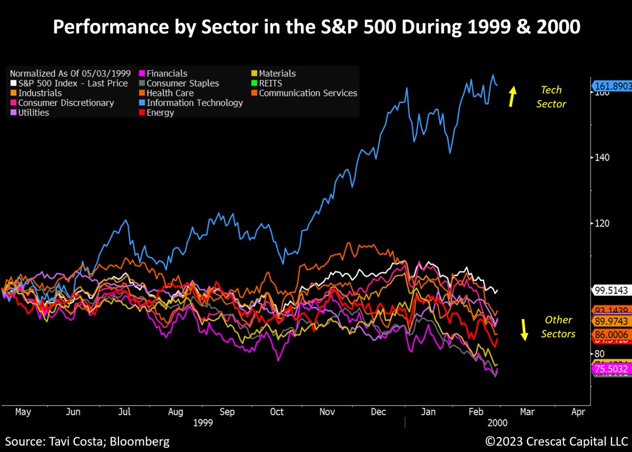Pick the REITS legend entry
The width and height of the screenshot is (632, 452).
(x=270, y=83)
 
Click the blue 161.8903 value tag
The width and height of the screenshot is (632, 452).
(x=611, y=86)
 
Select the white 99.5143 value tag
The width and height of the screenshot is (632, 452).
(x=611, y=290)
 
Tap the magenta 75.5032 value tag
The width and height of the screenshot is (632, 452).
(x=611, y=369)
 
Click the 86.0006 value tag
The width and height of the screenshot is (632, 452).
(x=611, y=334)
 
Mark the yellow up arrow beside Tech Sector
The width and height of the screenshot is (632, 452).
(x=512, y=97)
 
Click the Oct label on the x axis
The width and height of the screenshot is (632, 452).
(x=276, y=412)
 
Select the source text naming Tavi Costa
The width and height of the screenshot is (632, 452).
(x=87, y=441)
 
